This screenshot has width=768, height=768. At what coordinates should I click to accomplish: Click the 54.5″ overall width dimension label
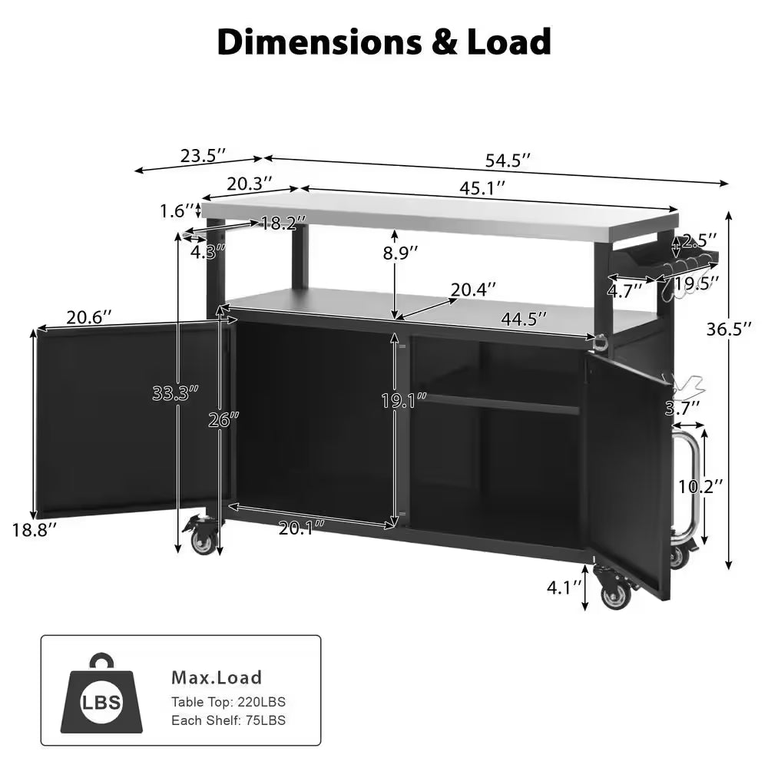(508, 161)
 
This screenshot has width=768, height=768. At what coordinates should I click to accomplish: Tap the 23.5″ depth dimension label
(203, 155)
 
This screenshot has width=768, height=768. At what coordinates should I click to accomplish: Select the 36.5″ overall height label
(729, 329)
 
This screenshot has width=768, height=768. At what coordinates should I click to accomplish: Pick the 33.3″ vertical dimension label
(175, 392)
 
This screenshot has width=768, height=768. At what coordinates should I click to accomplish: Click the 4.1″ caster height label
(564, 588)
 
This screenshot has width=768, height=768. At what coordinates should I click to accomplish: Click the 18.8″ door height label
(34, 529)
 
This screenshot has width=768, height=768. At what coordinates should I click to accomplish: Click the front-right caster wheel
(614, 595)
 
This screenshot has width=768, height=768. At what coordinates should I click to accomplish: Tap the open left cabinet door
(131, 419)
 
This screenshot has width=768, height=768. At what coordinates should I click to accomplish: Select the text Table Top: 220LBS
(233, 702)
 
